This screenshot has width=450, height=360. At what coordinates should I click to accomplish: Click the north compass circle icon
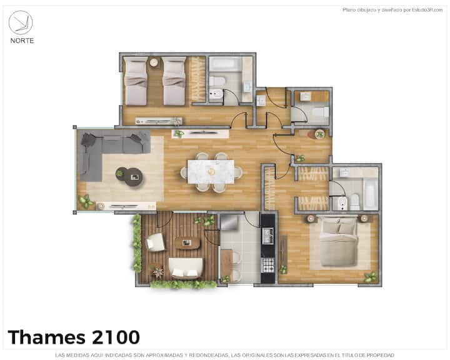(21, 22)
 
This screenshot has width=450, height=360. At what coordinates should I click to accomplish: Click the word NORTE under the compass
(22, 41)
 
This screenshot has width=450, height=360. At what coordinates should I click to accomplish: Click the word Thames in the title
(46, 337)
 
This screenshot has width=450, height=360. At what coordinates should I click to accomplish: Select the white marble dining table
(211, 172)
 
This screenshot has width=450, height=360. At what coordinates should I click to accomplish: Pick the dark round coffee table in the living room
(133, 177)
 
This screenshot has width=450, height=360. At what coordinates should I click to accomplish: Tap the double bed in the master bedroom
(339, 242)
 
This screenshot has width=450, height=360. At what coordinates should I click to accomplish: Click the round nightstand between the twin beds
(154, 62)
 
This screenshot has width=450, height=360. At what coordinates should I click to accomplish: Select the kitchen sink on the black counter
(267, 235)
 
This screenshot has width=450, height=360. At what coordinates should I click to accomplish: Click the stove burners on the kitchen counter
(267, 265)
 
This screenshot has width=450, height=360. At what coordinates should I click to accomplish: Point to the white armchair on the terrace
(155, 242)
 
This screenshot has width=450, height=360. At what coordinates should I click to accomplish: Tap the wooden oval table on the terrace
(187, 243)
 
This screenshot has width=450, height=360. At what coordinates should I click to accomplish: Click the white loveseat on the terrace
(186, 268)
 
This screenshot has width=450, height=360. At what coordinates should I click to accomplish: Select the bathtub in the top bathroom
(226, 63)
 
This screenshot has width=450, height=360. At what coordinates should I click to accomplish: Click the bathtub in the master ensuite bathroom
(370, 194)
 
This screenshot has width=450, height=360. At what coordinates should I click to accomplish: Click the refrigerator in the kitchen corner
(229, 222)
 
